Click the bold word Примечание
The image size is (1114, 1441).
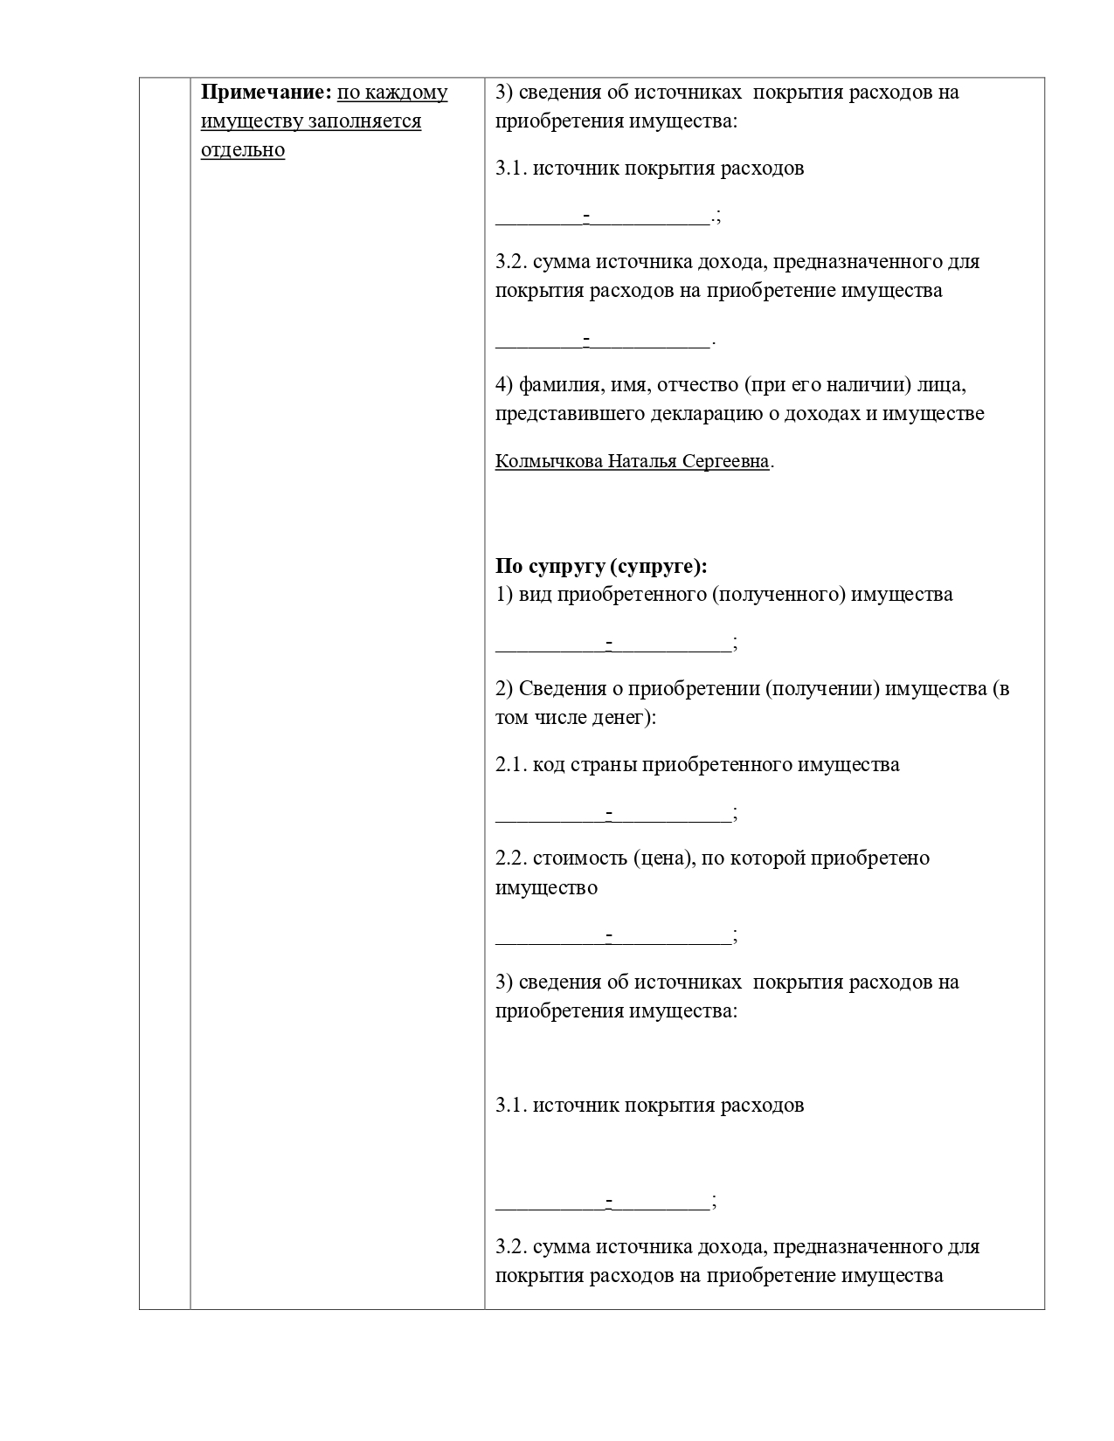pyautogui.click(x=262, y=93)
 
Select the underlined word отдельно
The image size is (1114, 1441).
pyautogui.click(x=243, y=150)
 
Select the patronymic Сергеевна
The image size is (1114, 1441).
pyautogui.click(x=726, y=461)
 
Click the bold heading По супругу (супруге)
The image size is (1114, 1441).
pyautogui.click(x=601, y=566)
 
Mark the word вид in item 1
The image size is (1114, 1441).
pyautogui.click(x=536, y=595)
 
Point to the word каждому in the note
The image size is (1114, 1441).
pyautogui.click(x=405, y=93)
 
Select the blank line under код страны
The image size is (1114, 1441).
pyautogui.click(x=613, y=817)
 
